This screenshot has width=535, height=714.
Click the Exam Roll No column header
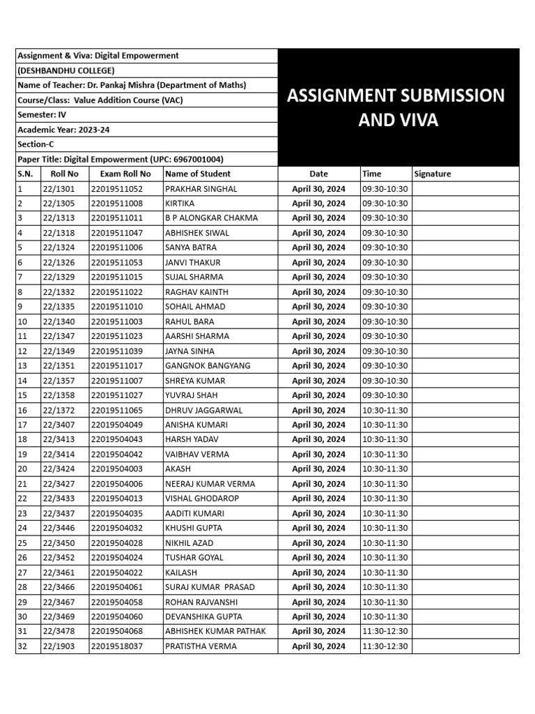[x=125, y=174]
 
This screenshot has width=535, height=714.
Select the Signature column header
[x=433, y=174]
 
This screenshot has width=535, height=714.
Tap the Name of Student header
[x=197, y=174]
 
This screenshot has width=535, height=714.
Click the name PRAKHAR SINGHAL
[x=201, y=189]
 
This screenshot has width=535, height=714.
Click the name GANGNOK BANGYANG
[x=208, y=366]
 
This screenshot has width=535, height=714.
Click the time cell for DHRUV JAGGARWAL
[x=385, y=410]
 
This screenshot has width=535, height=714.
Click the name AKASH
[x=178, y=469]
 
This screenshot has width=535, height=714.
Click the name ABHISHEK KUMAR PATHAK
[x=215, y=632]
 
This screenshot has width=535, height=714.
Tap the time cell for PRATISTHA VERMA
[x=385, y=646]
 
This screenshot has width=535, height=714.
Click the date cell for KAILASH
[x=318, y=572]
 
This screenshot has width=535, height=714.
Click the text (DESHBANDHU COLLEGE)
[x=66, y=70]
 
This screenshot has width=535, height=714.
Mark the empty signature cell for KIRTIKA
[x=465, y=204]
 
